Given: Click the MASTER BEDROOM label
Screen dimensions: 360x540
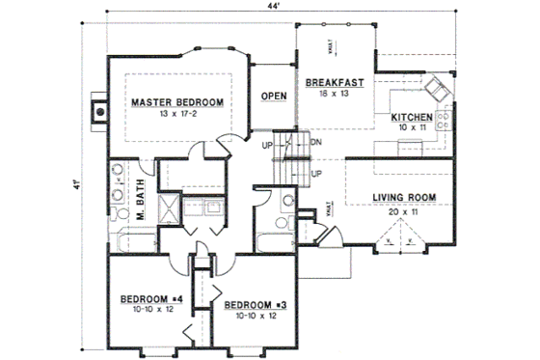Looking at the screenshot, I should [x=177, y=101].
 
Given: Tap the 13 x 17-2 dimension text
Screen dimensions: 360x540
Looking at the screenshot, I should [x=177, y=113].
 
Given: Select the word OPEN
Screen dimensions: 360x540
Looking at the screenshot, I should [x=274, y=96].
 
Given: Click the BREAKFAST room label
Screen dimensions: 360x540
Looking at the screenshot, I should [x=335, y=84].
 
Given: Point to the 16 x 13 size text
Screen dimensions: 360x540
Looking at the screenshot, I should [x=335, y=96].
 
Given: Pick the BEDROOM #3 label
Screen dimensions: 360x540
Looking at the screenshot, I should [x=254, y=305].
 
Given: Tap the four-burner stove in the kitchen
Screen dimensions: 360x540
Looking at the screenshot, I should [x=445, y=122].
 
